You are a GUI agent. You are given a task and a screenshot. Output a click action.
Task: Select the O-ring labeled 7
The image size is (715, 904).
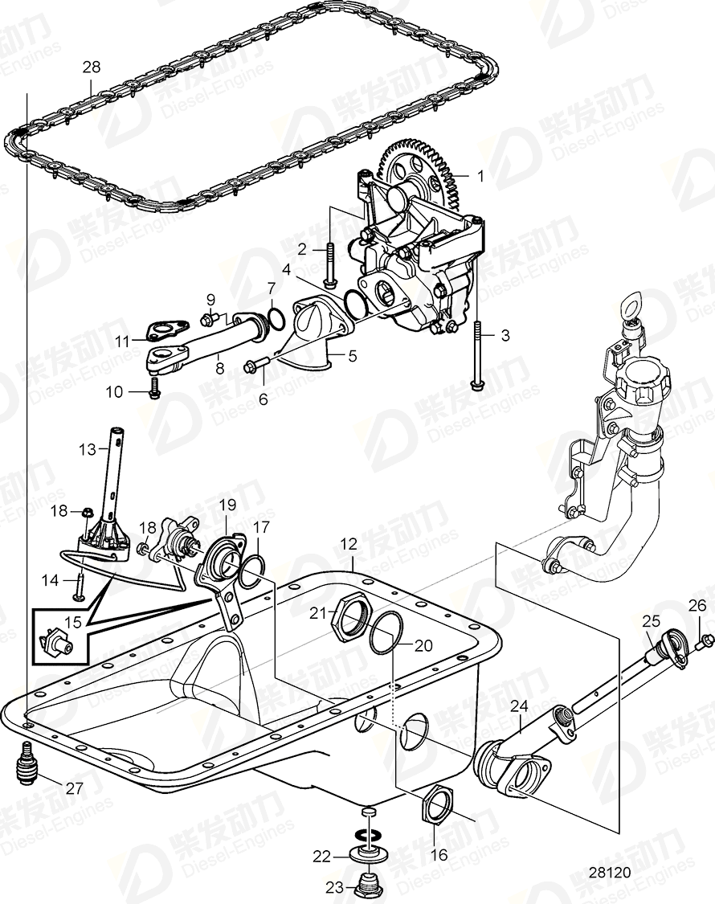(273, 318)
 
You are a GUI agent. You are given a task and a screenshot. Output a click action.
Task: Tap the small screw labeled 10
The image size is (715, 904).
(154, 391)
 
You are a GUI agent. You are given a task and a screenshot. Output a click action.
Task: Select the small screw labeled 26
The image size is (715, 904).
(707, 640)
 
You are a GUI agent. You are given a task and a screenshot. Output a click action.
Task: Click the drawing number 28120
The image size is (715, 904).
(608, 873)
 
